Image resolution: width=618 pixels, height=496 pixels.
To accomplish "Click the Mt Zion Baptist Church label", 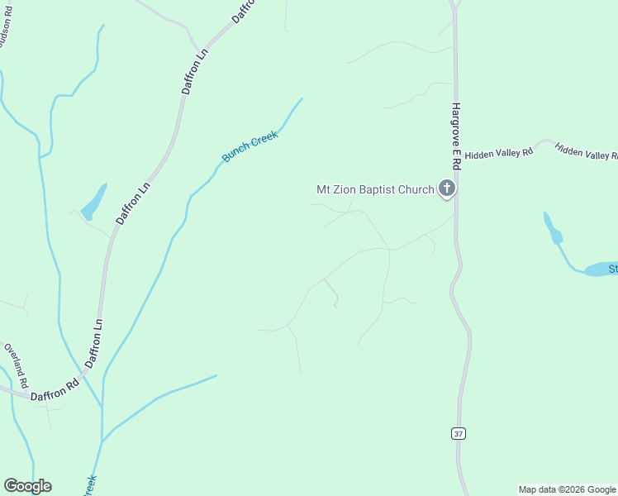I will (375, 189).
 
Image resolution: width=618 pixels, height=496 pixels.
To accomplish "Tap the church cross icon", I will (447, 189).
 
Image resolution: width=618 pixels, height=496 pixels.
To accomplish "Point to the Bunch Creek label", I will (250, 146).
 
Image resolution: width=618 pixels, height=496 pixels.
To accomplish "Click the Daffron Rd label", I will (55, 390).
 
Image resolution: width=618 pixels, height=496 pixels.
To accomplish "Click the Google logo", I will (27, 486).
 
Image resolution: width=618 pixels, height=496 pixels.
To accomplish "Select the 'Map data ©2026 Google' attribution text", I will (567, 489).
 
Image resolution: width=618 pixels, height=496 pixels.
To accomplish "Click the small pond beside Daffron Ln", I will (93, 199).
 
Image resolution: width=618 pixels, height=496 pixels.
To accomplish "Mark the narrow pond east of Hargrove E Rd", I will (551, 227).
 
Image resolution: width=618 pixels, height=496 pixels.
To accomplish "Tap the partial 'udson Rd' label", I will (6, 31).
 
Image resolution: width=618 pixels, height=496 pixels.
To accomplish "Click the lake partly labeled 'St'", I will (601, 269).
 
